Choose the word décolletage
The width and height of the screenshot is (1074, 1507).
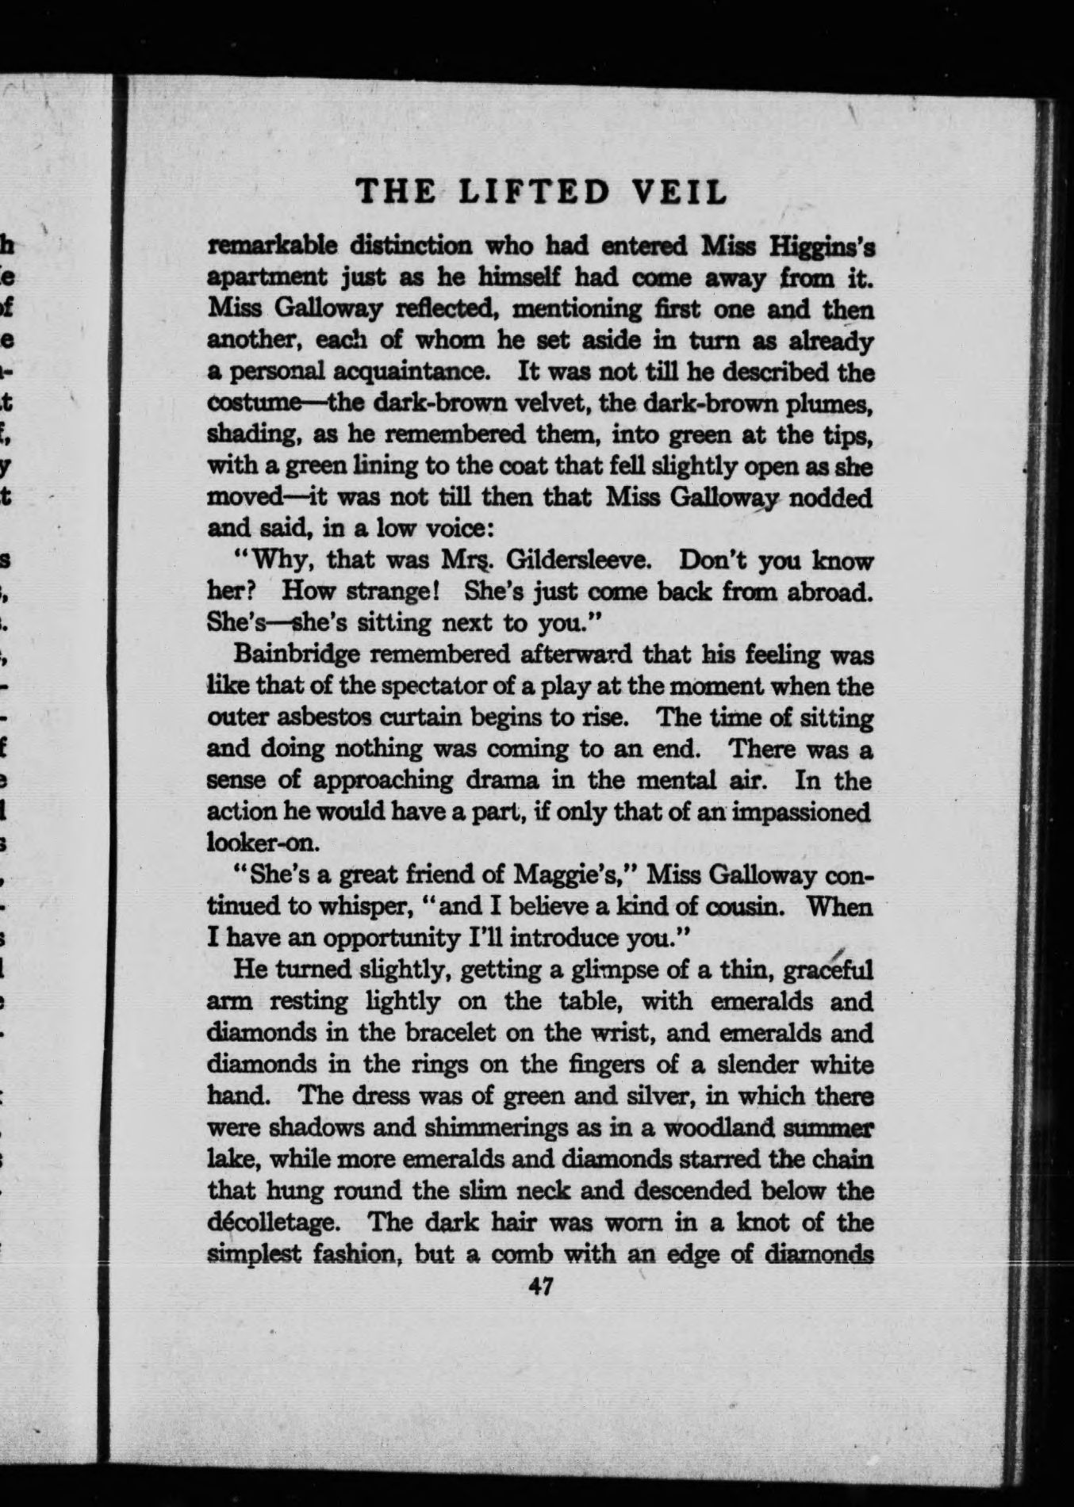tap(274, 1222)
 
